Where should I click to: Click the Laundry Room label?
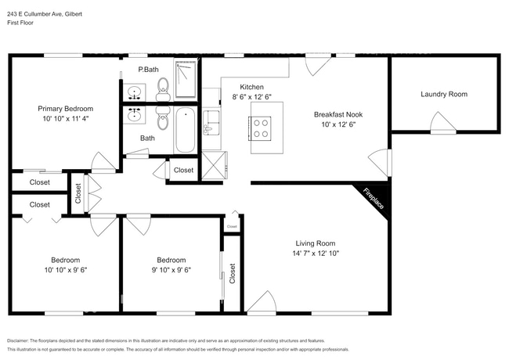coord(443,94)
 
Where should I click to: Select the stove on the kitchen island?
coord(260,127)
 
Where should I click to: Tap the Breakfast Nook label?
coord(338,113)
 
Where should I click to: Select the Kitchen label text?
coord(251,86)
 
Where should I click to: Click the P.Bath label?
coord(148,70)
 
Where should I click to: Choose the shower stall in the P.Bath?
coord(185,81)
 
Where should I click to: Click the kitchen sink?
coord(211,124)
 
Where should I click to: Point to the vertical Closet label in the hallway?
coord(78,193)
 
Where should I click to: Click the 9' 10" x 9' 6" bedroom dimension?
coord(171,270)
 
